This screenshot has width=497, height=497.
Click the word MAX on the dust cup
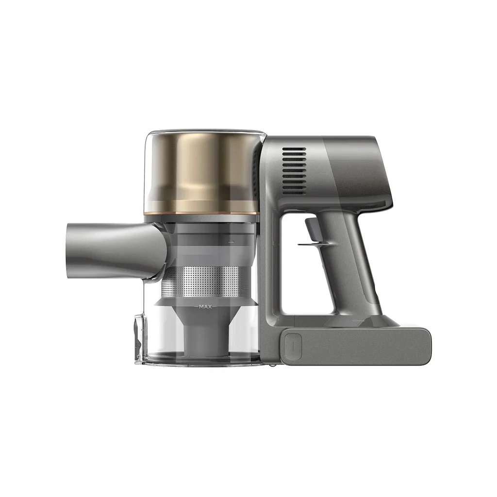(207, 307)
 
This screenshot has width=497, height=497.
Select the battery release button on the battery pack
(292, 345)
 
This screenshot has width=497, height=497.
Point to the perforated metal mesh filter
(206, 282)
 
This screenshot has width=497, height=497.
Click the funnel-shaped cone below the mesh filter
(206, 315)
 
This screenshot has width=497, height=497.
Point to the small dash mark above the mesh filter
(231, 241)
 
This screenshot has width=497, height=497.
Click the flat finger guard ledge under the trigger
(311, 244)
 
